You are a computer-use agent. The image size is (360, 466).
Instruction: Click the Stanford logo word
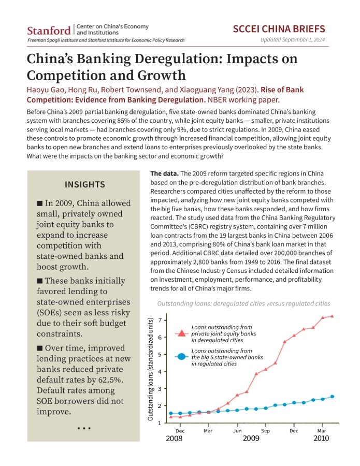pyautogui.click(x=49, y=31)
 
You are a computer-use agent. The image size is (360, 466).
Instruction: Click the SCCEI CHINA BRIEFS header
pyautogui.click(x=279, y=29)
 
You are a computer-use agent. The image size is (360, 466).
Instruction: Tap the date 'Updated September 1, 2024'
pyautogui.click(x=293, y=39)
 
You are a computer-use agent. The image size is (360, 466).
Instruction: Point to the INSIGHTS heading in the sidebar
pyautogui.click(x=85, y=184)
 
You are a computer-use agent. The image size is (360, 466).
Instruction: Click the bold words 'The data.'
pyautogui.click(x=164, y=173)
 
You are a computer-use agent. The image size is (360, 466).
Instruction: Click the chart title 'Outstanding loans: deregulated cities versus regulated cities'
pyautogui.click(x=243, y=304)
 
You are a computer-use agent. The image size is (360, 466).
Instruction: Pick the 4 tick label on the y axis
pyautogui.click(x=160, y=371)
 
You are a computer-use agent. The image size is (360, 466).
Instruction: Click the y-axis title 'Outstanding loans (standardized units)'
pyautogui.click(x=150, y=369)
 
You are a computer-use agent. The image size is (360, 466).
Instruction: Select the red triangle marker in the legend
pyautogui.click(x=182, y=332)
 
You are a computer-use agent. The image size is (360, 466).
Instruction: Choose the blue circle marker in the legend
pyautogui.click(x=182, y=357)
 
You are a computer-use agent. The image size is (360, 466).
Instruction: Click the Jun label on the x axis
pyautogui.click(x=237, y=431)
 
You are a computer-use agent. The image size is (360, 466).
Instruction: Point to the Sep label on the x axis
pyautogui.click(x=265, y=431)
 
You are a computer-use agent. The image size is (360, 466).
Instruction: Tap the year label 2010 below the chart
pyautogui.click(x=321, y=439)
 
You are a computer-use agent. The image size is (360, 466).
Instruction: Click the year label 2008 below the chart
pyautogui.click(x=174, y=439)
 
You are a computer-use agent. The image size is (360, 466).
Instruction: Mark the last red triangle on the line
pyautogui.click(x=332, y=316)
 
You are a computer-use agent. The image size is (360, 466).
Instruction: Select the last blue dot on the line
pyautogui.click(x=333, y=397)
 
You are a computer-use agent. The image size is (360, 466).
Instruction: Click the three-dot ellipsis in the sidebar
pyautogui.click(x=84, y=428)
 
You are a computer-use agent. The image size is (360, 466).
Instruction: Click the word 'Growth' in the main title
pyautogui.click(x=161, y=75)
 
